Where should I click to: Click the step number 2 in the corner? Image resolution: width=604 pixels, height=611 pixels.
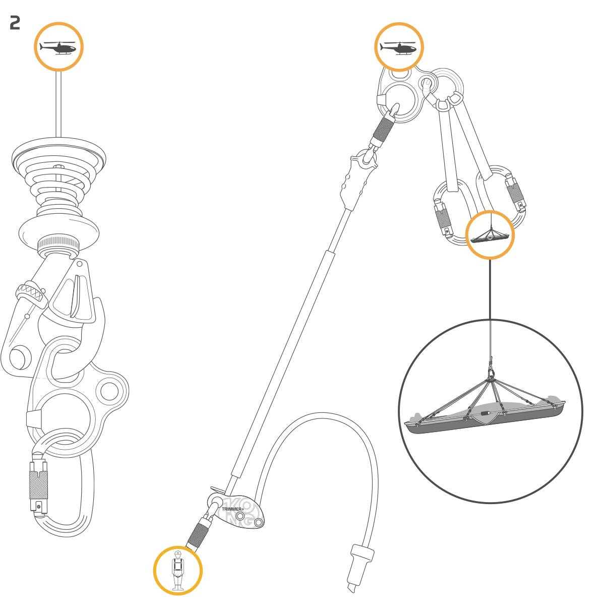click(15, 23)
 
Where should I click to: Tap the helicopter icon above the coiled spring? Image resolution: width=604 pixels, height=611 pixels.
click(58, 48)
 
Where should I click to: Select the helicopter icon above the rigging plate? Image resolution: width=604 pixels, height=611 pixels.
click(398, 48)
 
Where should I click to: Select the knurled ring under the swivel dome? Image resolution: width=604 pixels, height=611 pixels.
click(58, 245)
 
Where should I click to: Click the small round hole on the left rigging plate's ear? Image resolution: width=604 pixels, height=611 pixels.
click(109, 391)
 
